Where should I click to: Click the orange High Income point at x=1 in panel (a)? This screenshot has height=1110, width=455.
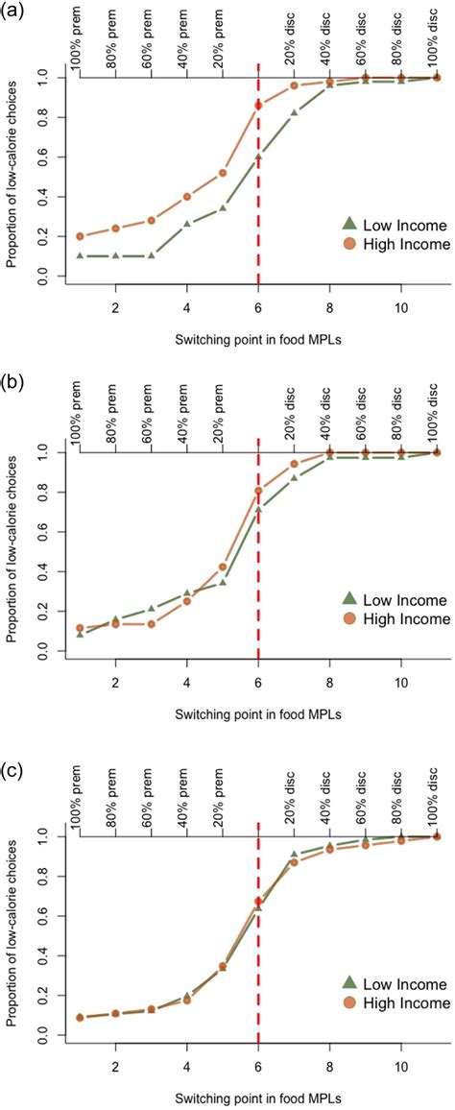pos(80,236)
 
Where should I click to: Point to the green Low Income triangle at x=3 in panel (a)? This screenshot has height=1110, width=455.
pos(151,256)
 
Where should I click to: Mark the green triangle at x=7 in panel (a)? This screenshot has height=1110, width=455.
pos(294,112)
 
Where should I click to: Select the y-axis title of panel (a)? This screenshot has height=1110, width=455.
pos(12,178)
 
